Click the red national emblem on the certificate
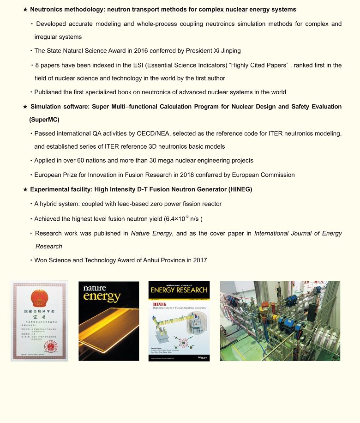(x=39, y=298)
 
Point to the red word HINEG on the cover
(x=160, y=305)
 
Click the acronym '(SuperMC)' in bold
(x=44, y=120)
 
